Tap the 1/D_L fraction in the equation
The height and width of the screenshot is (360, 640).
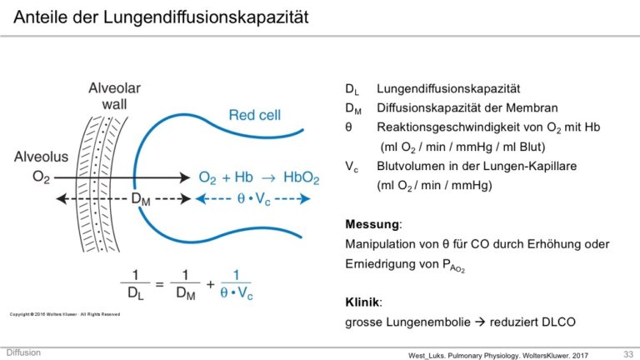click(x=134, y=284)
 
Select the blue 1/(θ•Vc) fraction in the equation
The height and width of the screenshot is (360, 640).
click(x=235, y=284)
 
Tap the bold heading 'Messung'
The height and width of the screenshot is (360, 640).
click(x=372, y=225)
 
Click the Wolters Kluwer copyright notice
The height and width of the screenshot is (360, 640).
click(x=64, y=314)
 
